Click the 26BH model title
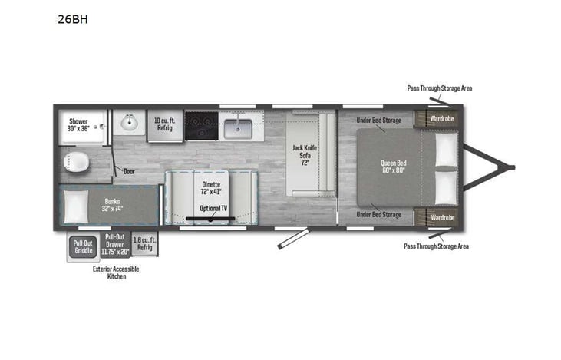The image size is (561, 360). [x=72, y=20]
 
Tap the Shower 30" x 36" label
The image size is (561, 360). [x=79, y=124]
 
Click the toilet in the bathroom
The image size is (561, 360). [x=77, y=163]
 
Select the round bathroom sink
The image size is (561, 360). [x=129, y=121]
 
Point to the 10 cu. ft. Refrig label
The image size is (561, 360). [x=165, y=124]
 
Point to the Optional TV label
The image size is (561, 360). [x=213, y=208]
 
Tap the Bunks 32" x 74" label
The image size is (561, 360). [x=112, y=205]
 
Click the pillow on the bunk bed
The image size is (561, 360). [x=76, y=206]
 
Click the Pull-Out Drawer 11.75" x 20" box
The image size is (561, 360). [x=114, y=244]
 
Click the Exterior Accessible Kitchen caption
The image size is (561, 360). [x=115, y=272]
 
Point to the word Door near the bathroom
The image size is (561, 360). [x=130, y=171]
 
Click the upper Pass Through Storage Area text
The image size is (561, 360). [x=439, y=88]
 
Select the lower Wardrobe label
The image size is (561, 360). [x=441, y=217]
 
